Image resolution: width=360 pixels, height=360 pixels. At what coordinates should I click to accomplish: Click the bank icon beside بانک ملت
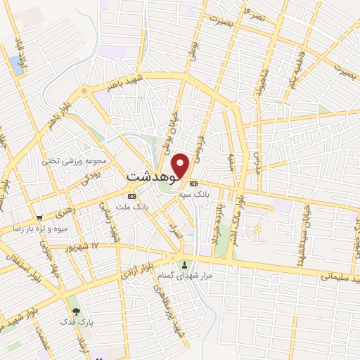click(130, 195)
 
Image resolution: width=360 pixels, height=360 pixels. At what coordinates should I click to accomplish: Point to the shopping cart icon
click(39, 218)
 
